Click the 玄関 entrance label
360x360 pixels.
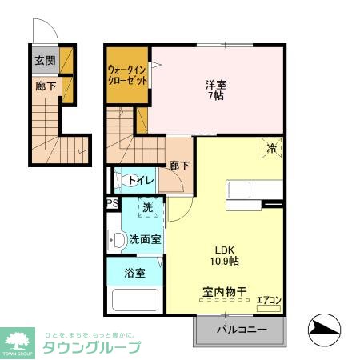[45, 60]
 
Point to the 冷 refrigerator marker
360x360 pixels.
[271, 148]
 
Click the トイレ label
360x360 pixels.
[141, 181]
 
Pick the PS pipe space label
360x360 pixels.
[112, 203]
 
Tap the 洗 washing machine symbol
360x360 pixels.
[146, 208]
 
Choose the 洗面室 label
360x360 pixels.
[145, 238]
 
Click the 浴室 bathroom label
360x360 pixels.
[134, 273]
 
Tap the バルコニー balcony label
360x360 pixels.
[239, 329]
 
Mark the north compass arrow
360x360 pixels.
[323, 326]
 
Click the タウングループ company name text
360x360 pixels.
[91, 346]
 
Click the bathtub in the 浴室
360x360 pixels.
[134, 301]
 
